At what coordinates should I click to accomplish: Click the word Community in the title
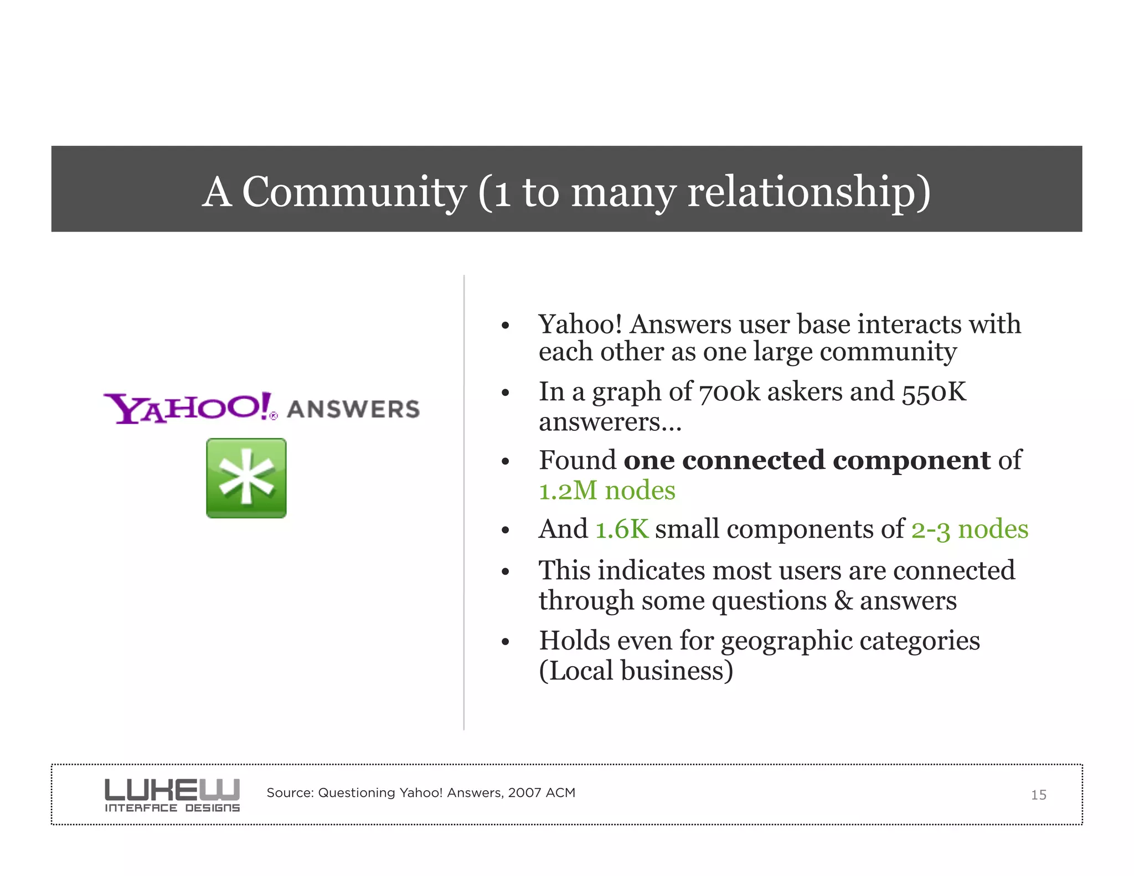pyautogui.click(x=354, y=192)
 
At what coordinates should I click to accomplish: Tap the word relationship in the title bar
pyautogui.click(x=808, y=192)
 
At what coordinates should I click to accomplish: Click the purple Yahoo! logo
pyautogui.click(x=188, y=408)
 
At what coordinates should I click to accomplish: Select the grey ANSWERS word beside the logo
pyautogui.click(x=353, y=409)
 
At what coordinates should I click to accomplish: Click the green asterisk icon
pyautogui.click(x=246, y=478)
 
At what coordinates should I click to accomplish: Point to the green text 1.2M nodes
pyautogui.click(x=607, y=491)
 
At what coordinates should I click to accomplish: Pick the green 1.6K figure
pyautogui.click(x=622, y=529)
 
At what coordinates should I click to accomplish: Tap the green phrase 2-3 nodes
pyautogui.click(x=970, y=529)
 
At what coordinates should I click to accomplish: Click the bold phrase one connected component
pyautogui.click(x=807, y=460)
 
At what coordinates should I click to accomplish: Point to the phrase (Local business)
pyautogui.click(x=636, y=671)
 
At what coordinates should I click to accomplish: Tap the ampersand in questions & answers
pyautogui.click(x=843, y=601)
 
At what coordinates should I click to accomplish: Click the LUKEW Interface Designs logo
pyautogui.click(x=172, y=795)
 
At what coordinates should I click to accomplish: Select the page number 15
pyautogui.click(x=1038, y=795)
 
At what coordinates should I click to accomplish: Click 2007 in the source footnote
pyautogui.click(x=524, y=793)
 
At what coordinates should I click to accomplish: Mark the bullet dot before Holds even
pyautogui.click(x=505, y=642)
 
